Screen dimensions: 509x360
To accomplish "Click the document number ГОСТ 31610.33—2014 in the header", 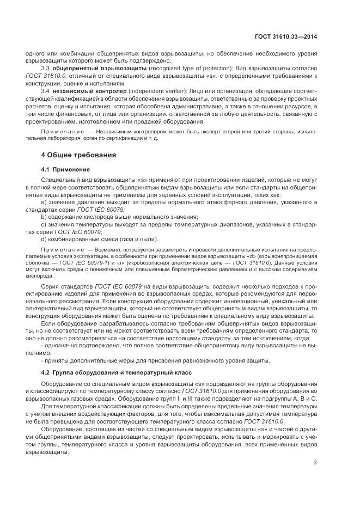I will pos(286,37).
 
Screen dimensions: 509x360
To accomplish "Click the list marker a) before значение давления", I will pos(44,202).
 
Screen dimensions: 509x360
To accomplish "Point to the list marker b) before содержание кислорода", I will pos(44,217).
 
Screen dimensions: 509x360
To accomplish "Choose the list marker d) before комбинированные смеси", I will pos(44,239).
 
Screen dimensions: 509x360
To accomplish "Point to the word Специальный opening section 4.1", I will pos(60,180).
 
